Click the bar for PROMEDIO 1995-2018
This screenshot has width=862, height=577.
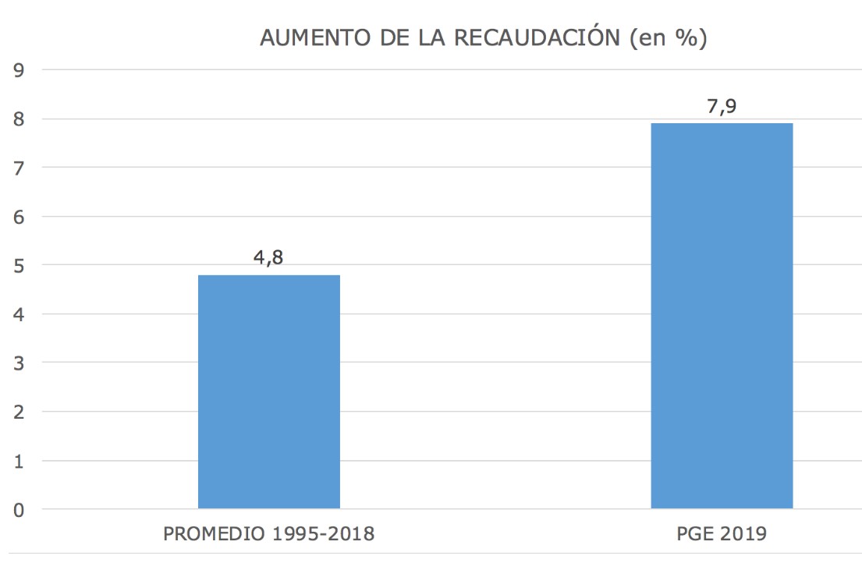[x=268, y=391]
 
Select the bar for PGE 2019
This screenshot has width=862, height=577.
[x=722, y=316]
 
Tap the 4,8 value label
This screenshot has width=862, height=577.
[x=268, y=258]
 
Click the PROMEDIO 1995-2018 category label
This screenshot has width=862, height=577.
[x=268, y=534]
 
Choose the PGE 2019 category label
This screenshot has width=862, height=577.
[x=722, y=534]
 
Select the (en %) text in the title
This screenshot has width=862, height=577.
[x=668, y=38]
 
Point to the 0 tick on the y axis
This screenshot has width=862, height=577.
[x=19, y=510]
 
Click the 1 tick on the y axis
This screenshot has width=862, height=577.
[x=19, y=461]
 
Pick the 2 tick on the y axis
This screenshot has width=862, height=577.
[x=19, y=412]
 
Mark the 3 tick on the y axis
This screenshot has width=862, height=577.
[x=19, y=363]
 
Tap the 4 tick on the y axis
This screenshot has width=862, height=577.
[x=19, y=314]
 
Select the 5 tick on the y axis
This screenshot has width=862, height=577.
[x=19, y=265]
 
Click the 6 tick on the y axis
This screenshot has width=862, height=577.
[x=19, y=217]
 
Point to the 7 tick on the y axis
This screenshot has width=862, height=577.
[x=19, y=168]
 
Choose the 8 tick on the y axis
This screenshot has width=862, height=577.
[x=19, y=119]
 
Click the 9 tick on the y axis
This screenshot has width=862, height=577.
[x=19, y=70]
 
